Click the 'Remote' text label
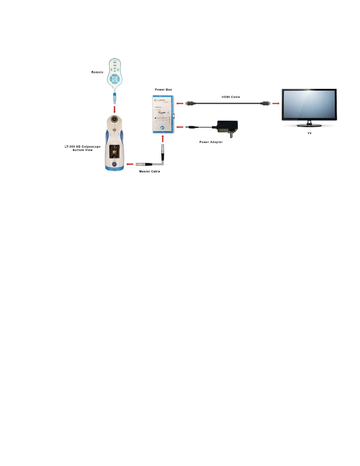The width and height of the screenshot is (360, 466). tap(97, 72)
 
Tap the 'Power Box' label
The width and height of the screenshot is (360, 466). tap(163, 89)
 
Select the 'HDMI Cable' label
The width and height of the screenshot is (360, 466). tap(231, 97)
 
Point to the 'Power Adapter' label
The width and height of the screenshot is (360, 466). tap(211, 142)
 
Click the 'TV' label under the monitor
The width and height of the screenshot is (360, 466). tap(309, 133)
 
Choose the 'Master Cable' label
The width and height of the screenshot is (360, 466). tap(149, 172)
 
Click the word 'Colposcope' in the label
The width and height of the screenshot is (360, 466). tap(91, 147)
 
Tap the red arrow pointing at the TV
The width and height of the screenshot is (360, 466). tap(276, 104)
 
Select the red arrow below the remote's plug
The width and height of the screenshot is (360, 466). tap(114, 109)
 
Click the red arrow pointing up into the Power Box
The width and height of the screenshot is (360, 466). tap(163, 139)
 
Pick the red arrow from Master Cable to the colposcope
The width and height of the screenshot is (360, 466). tap(130, 164)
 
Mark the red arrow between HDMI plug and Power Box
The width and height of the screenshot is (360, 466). tap(180, 104)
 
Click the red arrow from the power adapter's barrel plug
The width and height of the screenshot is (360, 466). tap(180, 127)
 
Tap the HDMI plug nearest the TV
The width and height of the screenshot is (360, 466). tap(266, 104)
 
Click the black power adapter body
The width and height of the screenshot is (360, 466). tap(227, 127)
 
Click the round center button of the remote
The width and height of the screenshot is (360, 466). tap(114, 79)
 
